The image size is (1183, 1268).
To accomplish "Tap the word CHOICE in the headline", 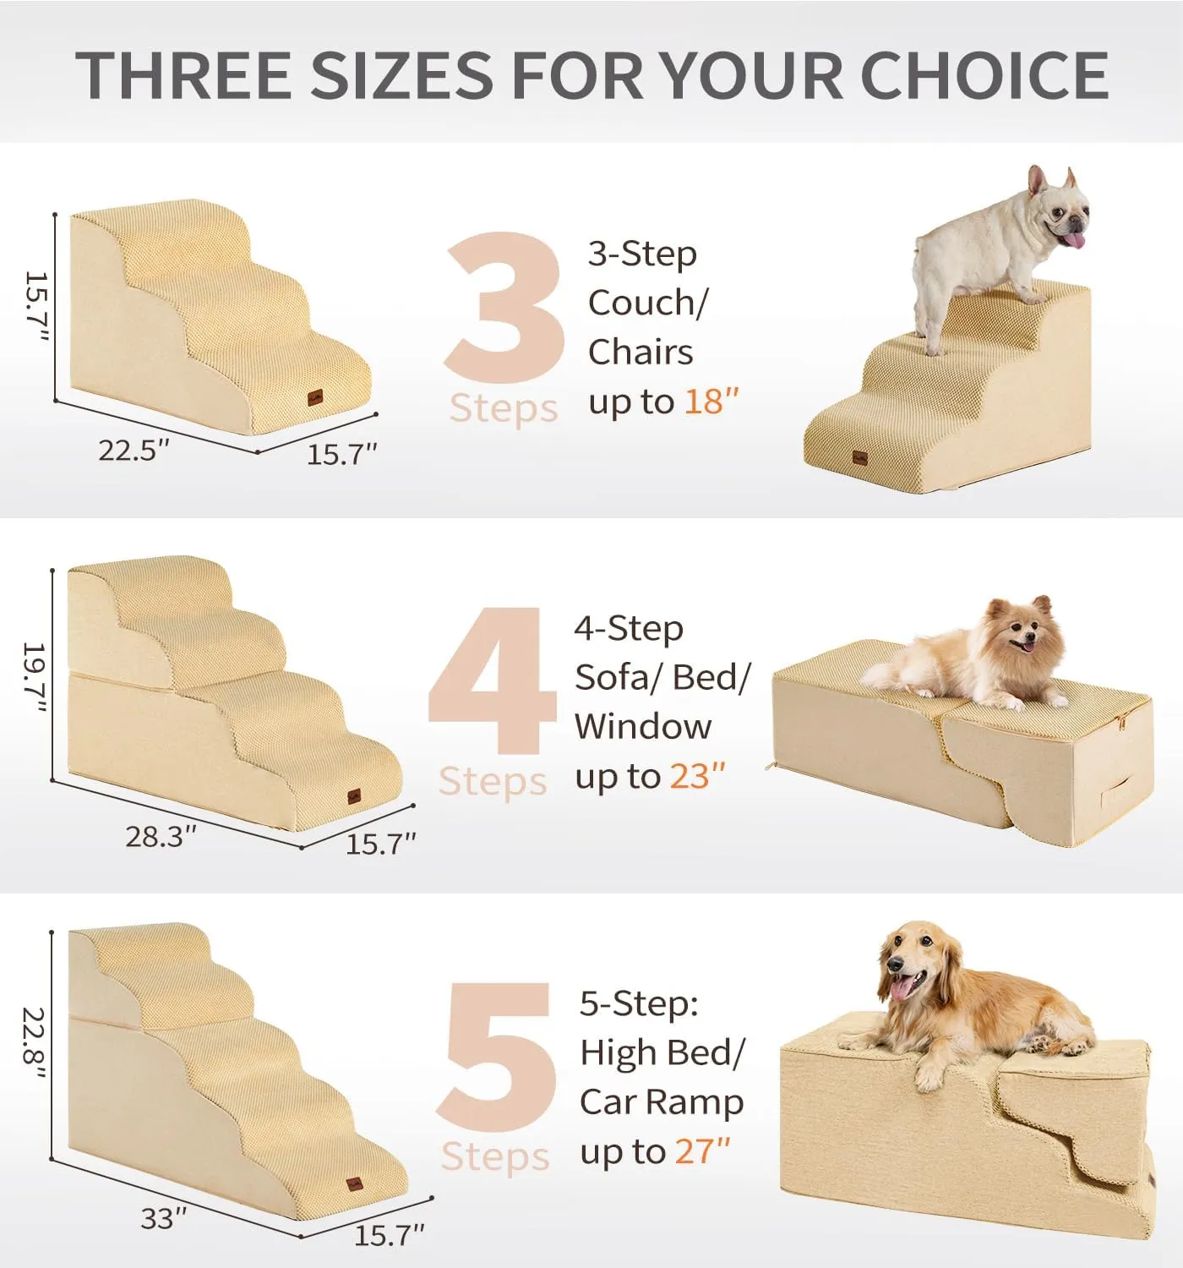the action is tap(984, 74).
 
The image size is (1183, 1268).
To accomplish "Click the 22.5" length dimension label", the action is tap(134, 450).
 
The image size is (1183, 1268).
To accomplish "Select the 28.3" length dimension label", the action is tap(161, 835).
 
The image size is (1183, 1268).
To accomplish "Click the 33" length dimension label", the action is tap(163, 1217).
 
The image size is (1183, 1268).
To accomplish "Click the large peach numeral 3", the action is tap(504, 307).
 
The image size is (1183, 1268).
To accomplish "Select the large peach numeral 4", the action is tap(493, 680).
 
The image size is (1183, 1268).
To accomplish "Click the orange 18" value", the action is tap(711, 401).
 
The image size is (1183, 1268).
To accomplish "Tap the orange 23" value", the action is tap(698, 776).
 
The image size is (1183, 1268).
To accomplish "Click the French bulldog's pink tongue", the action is tap(1075, 240).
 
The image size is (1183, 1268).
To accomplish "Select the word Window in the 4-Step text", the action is tap(643, 727).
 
